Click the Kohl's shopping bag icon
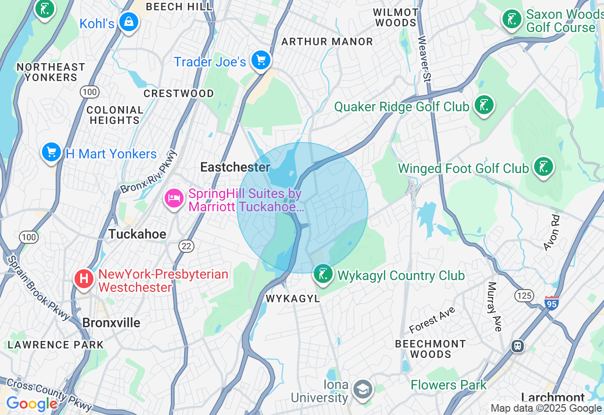[128, 22]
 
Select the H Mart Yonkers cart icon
[51, 152]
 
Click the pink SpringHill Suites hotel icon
[174, 198]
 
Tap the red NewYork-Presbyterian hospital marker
[84, 279]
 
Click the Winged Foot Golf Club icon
[543, 167]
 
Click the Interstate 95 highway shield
[551, 303]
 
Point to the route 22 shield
[186, 246]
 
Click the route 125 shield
[524, 296]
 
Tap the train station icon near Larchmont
[518, 346]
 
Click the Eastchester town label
[235, 167]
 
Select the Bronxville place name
[111, 323]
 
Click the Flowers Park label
[448, 385]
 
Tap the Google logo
[32, 404]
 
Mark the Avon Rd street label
[551, 233]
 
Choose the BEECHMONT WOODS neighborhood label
[430, 349]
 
